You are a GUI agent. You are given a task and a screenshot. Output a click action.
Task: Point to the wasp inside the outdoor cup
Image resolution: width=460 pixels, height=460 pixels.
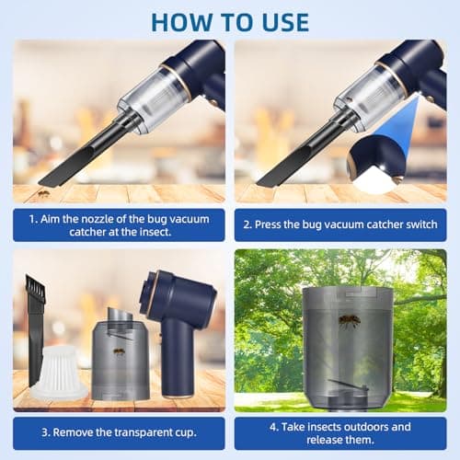tap(350, 322)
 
